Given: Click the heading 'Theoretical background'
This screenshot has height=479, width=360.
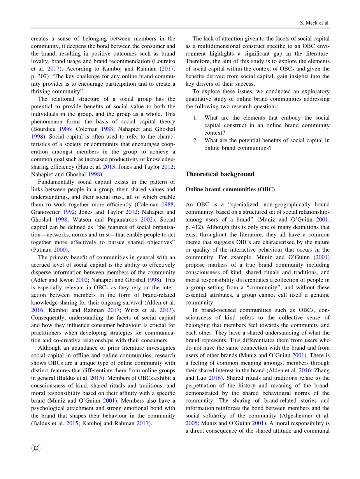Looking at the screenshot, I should pyautogui.click(x=220, y=174).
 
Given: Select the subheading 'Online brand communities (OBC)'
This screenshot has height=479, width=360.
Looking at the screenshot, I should pyautogui.click(x=230, y=190).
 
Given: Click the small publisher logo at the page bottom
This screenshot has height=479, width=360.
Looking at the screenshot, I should pyautogui.click(x=36, y=449).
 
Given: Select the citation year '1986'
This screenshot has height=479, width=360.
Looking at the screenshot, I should pyautogui.click(x=70, y=129).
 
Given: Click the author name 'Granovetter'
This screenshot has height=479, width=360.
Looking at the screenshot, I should pyautogui.click(x=46, y=212).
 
